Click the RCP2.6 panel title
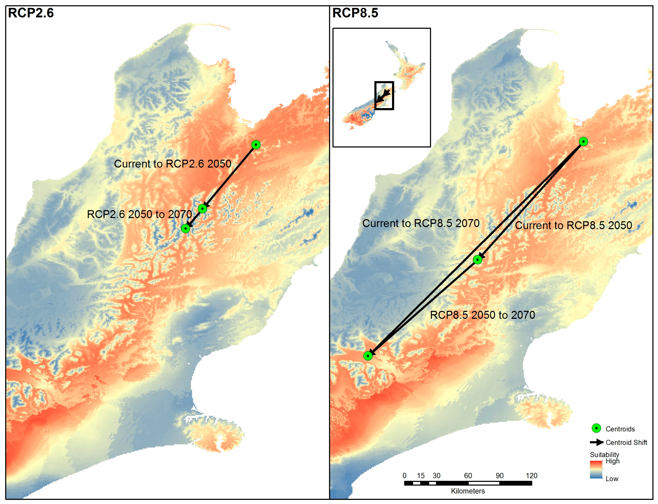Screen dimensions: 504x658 point(31,13)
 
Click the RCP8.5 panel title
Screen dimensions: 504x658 point(355,13)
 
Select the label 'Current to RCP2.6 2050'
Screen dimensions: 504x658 point(172,164)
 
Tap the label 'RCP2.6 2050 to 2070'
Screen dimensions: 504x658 point(139,214)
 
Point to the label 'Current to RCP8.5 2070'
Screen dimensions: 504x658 point(421,223)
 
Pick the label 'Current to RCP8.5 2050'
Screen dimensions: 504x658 point(573,225)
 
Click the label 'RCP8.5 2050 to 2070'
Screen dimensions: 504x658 point(482,315)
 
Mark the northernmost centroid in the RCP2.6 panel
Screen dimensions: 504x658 point(256,145)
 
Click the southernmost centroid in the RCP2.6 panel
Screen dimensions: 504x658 point(186,229)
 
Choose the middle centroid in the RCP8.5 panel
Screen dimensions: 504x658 point(477,259)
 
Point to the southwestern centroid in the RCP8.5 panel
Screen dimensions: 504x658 point(368,356)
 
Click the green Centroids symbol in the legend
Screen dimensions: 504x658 point(596,428)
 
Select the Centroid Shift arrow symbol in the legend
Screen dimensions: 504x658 point(596,442)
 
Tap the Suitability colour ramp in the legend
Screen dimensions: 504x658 point(596,469)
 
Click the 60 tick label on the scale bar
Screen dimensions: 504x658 point(468,476)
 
